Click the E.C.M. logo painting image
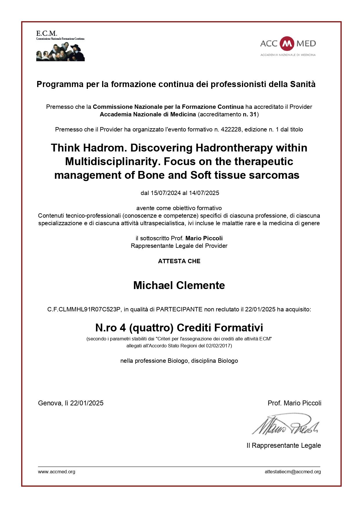(60, 51)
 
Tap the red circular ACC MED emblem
(287, 44)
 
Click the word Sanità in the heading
(303, 84)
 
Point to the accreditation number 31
(253, 114)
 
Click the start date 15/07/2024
(166, 193)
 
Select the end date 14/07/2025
(204, 193)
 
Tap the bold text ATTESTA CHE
(179, 261)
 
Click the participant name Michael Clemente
(179, 286)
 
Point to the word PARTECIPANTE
(179, 309)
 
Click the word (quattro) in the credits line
(151, 328)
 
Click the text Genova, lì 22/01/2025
(70, 403)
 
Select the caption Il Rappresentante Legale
(283, 445)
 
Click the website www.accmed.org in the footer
(57, 472)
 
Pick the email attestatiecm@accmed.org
(292, 472)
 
